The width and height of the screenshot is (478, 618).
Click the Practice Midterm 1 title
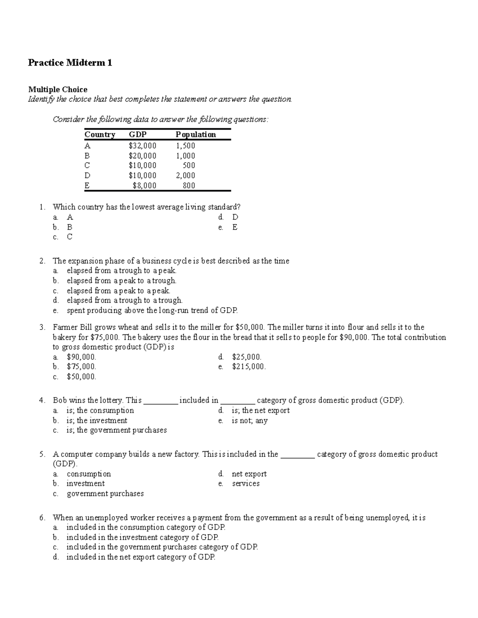pos(70,62)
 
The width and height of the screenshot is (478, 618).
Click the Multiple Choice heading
pos(57,89)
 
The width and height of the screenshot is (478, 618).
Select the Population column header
pos(196,135)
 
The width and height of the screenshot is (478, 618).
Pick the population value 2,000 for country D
pos(185,175)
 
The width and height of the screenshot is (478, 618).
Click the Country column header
pos(100,135)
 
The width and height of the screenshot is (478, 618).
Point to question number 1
pos(42,207)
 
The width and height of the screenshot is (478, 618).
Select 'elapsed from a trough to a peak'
pos(121,271)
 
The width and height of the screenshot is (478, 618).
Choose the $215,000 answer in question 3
pos(249,367)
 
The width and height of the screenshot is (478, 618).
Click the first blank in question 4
pos(161,401)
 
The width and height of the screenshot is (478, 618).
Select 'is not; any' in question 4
pos(249,421)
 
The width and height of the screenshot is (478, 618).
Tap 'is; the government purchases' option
pos(116,430)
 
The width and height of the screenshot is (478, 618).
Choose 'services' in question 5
pos(246,483)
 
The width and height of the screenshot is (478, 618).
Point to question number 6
pos(42,518)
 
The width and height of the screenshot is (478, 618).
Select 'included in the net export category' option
pos(141,557)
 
